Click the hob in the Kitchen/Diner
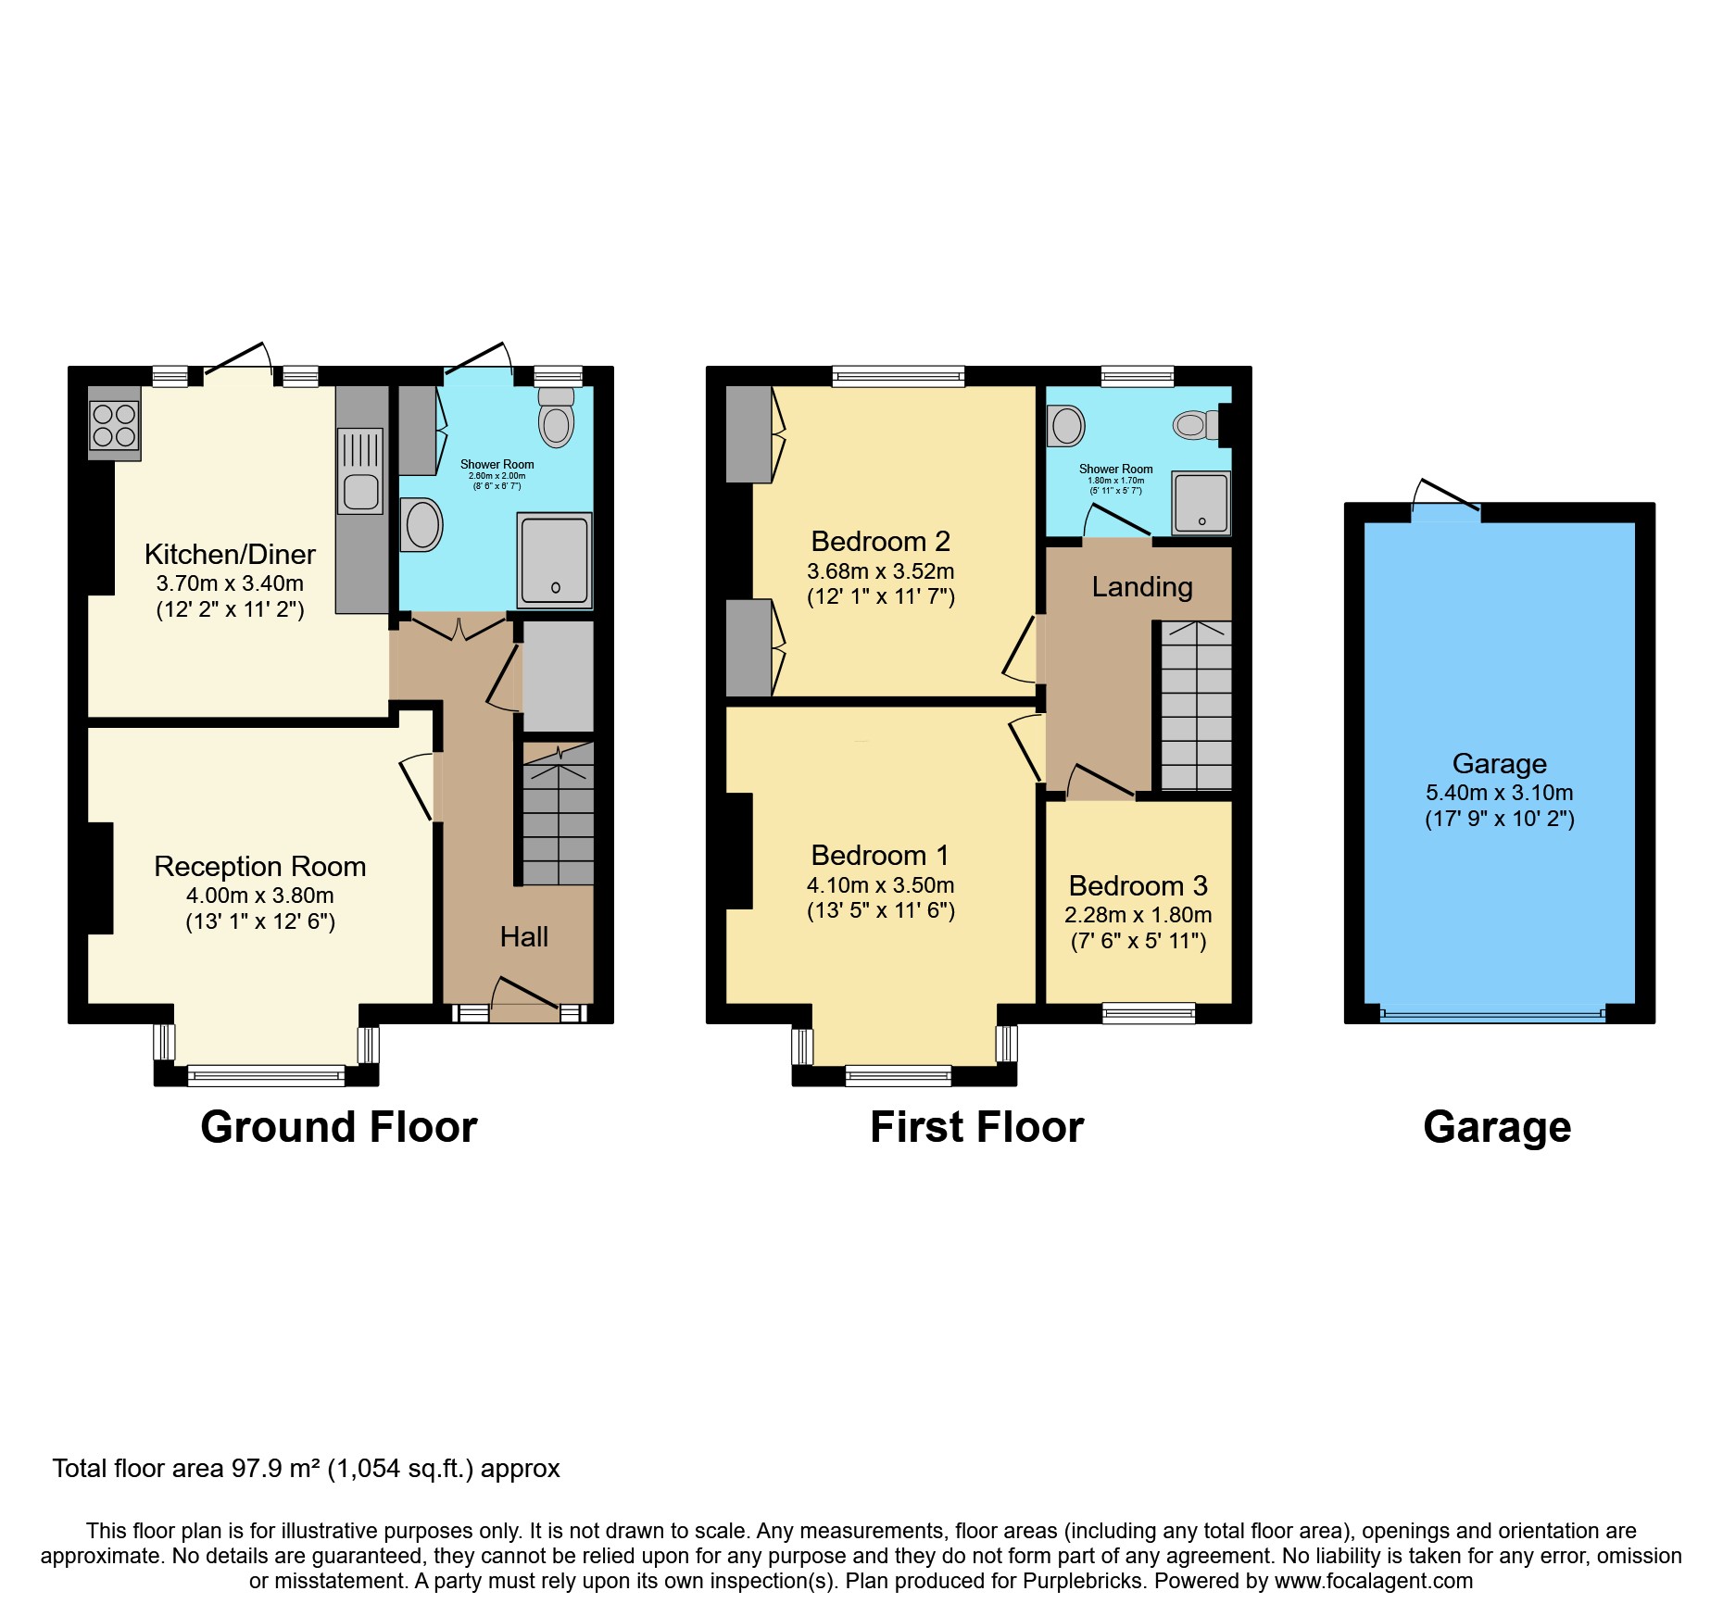pos(114,425)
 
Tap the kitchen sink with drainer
pos(360,470)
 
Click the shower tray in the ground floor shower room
pos(554,560)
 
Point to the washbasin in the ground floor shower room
pos(421,524)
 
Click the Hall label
pos(524,937)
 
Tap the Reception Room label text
pos(259,867)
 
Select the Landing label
pos(1141,587)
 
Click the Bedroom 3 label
pos(1138,886)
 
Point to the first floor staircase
pos(1196,706)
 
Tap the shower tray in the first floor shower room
pos(1201,503)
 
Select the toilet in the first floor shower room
pos(1195,425)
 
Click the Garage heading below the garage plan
pos(1497,1128)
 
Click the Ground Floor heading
pos(339,1128)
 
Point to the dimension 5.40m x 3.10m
pos(1499,793)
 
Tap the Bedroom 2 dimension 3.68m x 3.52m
pos(880,571)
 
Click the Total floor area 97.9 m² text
pos(306,1469)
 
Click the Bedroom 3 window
pos(1149,1013)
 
